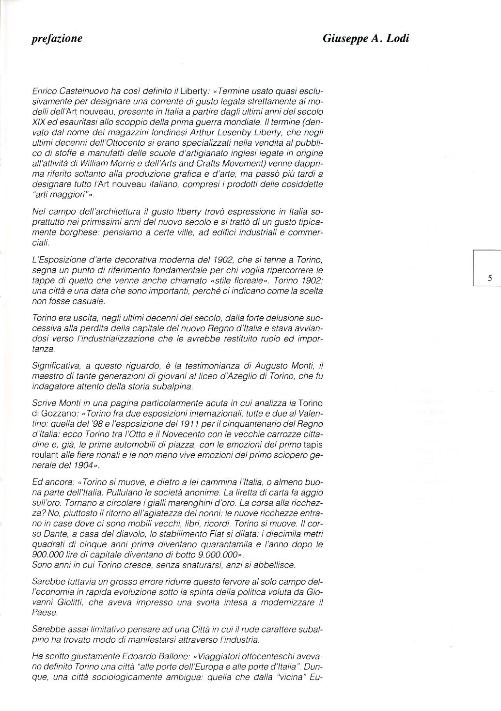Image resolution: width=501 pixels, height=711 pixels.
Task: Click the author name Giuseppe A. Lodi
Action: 366,39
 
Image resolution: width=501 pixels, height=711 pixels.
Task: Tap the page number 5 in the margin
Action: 490,278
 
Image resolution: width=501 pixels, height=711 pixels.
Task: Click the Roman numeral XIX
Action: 39,123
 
